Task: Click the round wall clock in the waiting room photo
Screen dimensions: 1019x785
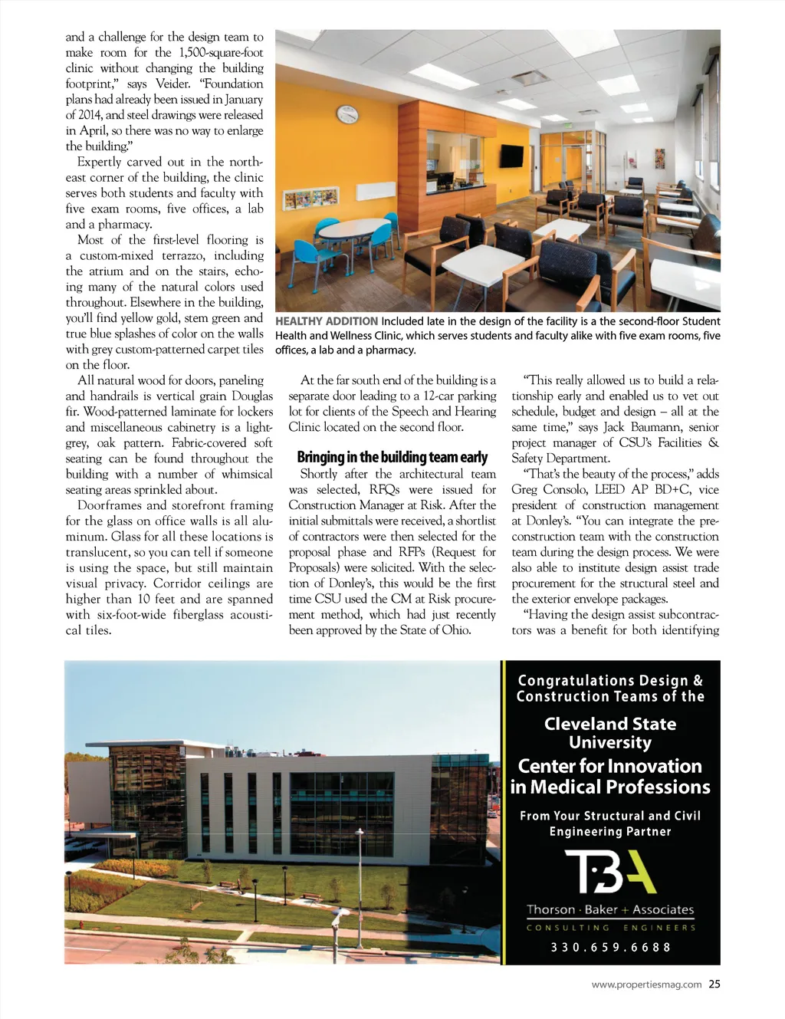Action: click(347, 114)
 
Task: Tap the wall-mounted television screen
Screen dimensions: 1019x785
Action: click(511, 156)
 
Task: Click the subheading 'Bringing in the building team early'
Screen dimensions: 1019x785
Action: click(392, 458)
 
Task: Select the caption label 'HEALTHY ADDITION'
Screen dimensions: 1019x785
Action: click(327, 321)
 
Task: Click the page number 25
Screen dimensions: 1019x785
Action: click(714, 984)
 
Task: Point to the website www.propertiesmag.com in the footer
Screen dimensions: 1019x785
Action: click(646, 985)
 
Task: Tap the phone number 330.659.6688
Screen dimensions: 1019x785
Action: click(611, 948)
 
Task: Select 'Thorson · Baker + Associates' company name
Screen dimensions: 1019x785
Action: click(610, 910)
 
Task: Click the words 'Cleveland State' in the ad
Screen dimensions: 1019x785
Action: click(610, 724)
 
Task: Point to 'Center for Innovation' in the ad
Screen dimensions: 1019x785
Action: click(610, 766)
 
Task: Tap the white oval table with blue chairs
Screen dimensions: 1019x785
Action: click(354, 228)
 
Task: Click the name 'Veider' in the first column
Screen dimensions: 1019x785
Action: click(172, 84)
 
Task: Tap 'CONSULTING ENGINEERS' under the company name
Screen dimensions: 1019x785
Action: click(611, 928)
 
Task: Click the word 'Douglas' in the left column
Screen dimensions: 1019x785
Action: click(251, 396)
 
